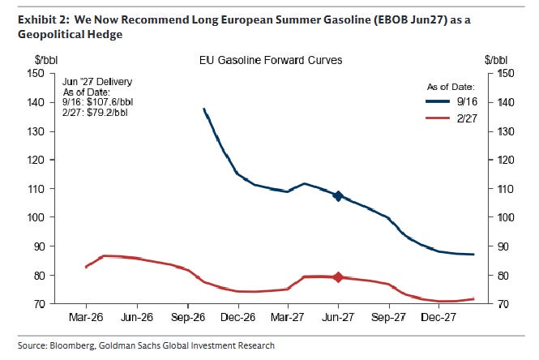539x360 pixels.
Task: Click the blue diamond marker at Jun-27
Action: (338, 196)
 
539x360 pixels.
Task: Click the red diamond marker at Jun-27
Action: (338, 277)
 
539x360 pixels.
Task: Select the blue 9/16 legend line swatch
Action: (438, 101)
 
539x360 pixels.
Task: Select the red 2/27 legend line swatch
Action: (438, 118)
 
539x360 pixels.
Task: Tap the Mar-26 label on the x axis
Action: (86, 317)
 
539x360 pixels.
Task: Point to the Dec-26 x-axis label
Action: (237, 317)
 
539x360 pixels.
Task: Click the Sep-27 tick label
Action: (388, 317)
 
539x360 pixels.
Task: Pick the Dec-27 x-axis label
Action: (438, 317)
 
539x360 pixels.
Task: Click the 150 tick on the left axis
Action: (36, 73)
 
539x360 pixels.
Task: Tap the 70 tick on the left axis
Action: (39, 304)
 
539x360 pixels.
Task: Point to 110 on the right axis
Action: (506, 189)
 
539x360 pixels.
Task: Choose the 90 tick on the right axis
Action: (503, 246)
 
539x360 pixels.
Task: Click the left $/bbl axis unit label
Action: (46, 60)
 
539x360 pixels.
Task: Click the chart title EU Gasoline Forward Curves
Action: (271, 61)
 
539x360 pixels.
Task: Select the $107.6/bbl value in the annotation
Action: (110, 102)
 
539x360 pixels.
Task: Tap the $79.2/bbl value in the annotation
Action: (107, 113)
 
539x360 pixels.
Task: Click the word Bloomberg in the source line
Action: (72, 345)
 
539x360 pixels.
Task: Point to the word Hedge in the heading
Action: (105, 34)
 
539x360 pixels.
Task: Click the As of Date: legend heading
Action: (451, 87)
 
